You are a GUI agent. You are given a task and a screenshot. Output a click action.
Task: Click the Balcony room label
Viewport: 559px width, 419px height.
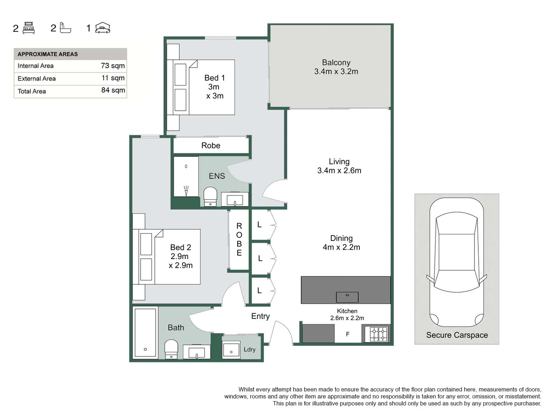click(336, 67)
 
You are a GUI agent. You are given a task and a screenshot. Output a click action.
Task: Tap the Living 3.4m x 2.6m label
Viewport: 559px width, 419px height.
click(339, 166)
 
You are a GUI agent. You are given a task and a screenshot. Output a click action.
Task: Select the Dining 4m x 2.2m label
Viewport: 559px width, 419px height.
click(341, 243)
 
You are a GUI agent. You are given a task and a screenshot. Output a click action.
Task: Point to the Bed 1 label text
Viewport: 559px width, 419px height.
click(214, 87)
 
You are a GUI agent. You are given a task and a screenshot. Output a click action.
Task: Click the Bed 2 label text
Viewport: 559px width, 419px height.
click(181, 256)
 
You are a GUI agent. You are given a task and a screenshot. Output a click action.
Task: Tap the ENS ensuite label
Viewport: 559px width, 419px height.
click(217, 176)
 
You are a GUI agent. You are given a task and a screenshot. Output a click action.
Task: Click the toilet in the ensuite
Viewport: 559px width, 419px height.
click(210, 196)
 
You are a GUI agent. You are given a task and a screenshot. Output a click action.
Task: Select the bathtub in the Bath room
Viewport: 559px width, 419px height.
click(145, 332)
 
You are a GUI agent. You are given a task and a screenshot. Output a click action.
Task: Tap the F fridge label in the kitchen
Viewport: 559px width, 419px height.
click(347, 334)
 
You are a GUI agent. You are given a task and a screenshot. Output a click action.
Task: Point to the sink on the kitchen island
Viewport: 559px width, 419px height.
click(347, 297)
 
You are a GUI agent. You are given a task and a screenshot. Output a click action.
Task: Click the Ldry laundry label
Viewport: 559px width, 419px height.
click(249, 350)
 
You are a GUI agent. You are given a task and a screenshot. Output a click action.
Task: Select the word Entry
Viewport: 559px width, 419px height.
click(260, 316)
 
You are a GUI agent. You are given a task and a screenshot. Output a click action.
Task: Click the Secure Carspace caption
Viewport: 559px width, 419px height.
click(457, 335)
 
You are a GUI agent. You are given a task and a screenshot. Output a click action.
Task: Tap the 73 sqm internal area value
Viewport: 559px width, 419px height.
click(113, 66)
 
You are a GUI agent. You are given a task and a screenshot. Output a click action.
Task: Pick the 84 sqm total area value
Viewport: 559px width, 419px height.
click(113, 90)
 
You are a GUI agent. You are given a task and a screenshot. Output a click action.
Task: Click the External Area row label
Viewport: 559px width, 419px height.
click(36, 78)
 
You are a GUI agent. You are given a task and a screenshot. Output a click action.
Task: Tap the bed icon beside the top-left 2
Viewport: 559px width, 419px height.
click(29, 28)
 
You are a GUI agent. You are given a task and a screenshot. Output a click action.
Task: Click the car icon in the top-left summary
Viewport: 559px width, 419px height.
click(103, 28)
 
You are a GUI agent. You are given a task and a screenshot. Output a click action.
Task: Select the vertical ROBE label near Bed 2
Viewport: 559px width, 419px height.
click(239, 239)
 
